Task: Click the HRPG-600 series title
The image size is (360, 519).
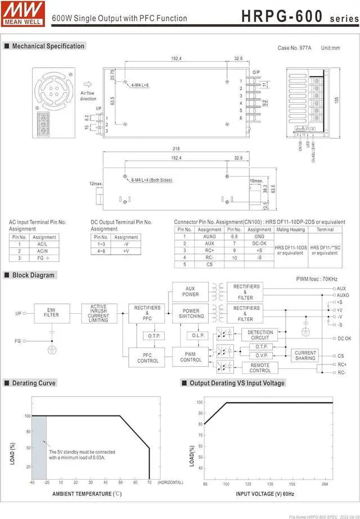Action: pos(298,16)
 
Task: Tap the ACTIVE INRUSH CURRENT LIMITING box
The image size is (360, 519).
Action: pos(98,313)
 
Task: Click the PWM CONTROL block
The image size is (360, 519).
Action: pos(191,356)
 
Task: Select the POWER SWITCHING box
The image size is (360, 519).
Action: pos(191,314)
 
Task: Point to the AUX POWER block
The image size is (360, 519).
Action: pos(191,291)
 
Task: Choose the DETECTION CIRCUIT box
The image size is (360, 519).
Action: pos(260,335)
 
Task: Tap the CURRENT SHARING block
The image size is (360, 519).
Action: pos(305,355)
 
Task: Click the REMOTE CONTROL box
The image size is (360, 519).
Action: pos(260,368)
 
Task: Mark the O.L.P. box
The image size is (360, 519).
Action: pos(197,336)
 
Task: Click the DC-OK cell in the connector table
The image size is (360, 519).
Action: pos(259,243)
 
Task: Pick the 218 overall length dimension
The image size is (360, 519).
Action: pos(175,148)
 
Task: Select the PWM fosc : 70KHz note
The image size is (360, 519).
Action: pos(317,278)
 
